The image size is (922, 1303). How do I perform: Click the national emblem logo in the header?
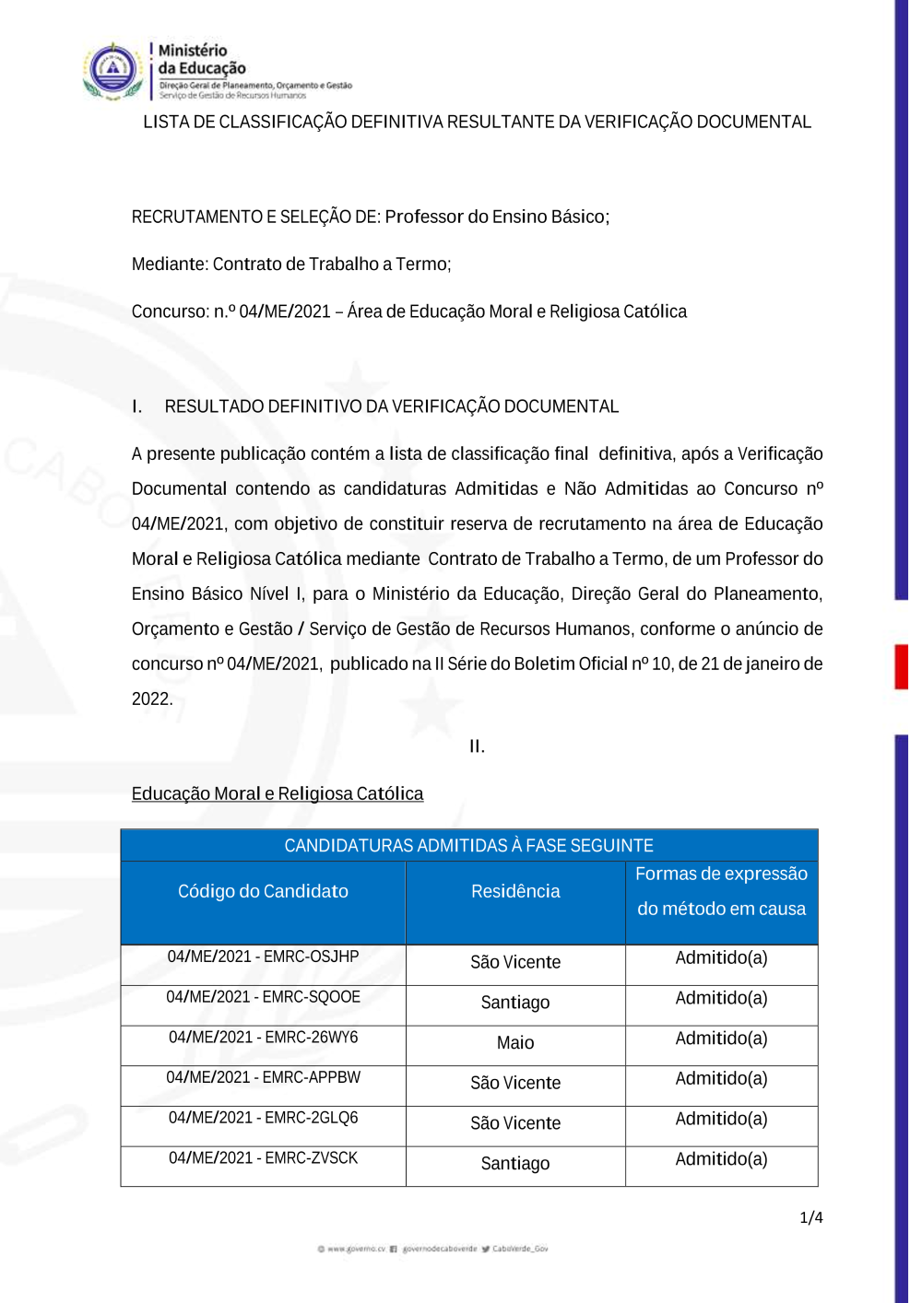click(112, 70)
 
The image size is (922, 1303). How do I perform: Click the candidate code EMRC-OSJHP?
click(263, 957)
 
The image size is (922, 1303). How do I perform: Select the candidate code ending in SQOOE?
click(263, 997)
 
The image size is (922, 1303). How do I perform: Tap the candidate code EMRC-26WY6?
click(263, 1038)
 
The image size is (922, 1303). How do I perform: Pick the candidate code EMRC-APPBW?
click(263, 1077)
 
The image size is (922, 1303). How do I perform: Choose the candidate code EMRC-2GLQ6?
click(263, 1118)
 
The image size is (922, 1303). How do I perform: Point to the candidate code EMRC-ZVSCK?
click(263, 1158)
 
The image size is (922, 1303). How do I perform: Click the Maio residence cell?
click(515, 1043)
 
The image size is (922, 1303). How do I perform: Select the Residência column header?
click(515, 891)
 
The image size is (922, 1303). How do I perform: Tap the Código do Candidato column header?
click(263, 891)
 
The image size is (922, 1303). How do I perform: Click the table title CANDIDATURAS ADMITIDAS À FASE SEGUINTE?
click(468, 846)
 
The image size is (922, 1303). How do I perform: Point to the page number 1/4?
click(811, 1217)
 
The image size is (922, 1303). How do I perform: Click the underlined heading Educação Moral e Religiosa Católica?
click(278, 794)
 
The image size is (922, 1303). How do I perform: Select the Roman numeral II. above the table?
click(477, 746)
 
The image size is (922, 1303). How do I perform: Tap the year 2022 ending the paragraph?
click(151, 699)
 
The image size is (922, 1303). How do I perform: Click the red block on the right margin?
click(902, 666)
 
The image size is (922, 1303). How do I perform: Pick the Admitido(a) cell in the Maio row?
click(721, 1039)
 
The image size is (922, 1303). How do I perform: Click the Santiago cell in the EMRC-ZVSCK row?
click(515, 1164)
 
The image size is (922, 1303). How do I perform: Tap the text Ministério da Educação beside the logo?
click(202, 59)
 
